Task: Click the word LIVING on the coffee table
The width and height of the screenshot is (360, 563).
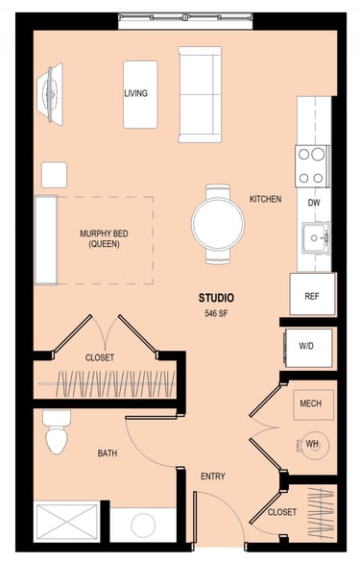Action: point(136,93)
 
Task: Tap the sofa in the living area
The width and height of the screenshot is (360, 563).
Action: point(200,94)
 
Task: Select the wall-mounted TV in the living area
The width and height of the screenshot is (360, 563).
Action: point(51,94)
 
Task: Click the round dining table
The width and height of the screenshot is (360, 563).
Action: point(218,223)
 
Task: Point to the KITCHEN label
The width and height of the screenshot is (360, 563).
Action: point(266,199)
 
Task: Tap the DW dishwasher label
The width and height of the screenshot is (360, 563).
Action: point(314,203)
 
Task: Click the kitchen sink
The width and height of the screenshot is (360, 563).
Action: point(316,237)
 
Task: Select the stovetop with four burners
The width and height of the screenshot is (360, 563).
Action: point(312,166)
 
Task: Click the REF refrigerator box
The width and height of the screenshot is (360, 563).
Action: point(313,294)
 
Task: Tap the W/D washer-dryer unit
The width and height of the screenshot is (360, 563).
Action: point(308,348)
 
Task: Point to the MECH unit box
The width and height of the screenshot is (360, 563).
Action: point(314,404)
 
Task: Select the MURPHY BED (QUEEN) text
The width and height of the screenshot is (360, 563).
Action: point(104,239)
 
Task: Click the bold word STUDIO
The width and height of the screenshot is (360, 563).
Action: point(216,298)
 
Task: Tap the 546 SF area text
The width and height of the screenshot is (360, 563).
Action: point(216,313)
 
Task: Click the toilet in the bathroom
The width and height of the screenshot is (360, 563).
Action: point(57,432)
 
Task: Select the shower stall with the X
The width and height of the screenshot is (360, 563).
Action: point(67,522)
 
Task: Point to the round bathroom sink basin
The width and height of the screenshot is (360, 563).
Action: point(143,526)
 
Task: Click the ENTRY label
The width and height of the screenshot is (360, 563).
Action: point(213,477)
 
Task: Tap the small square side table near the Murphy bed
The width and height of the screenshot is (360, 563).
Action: point(54,175)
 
